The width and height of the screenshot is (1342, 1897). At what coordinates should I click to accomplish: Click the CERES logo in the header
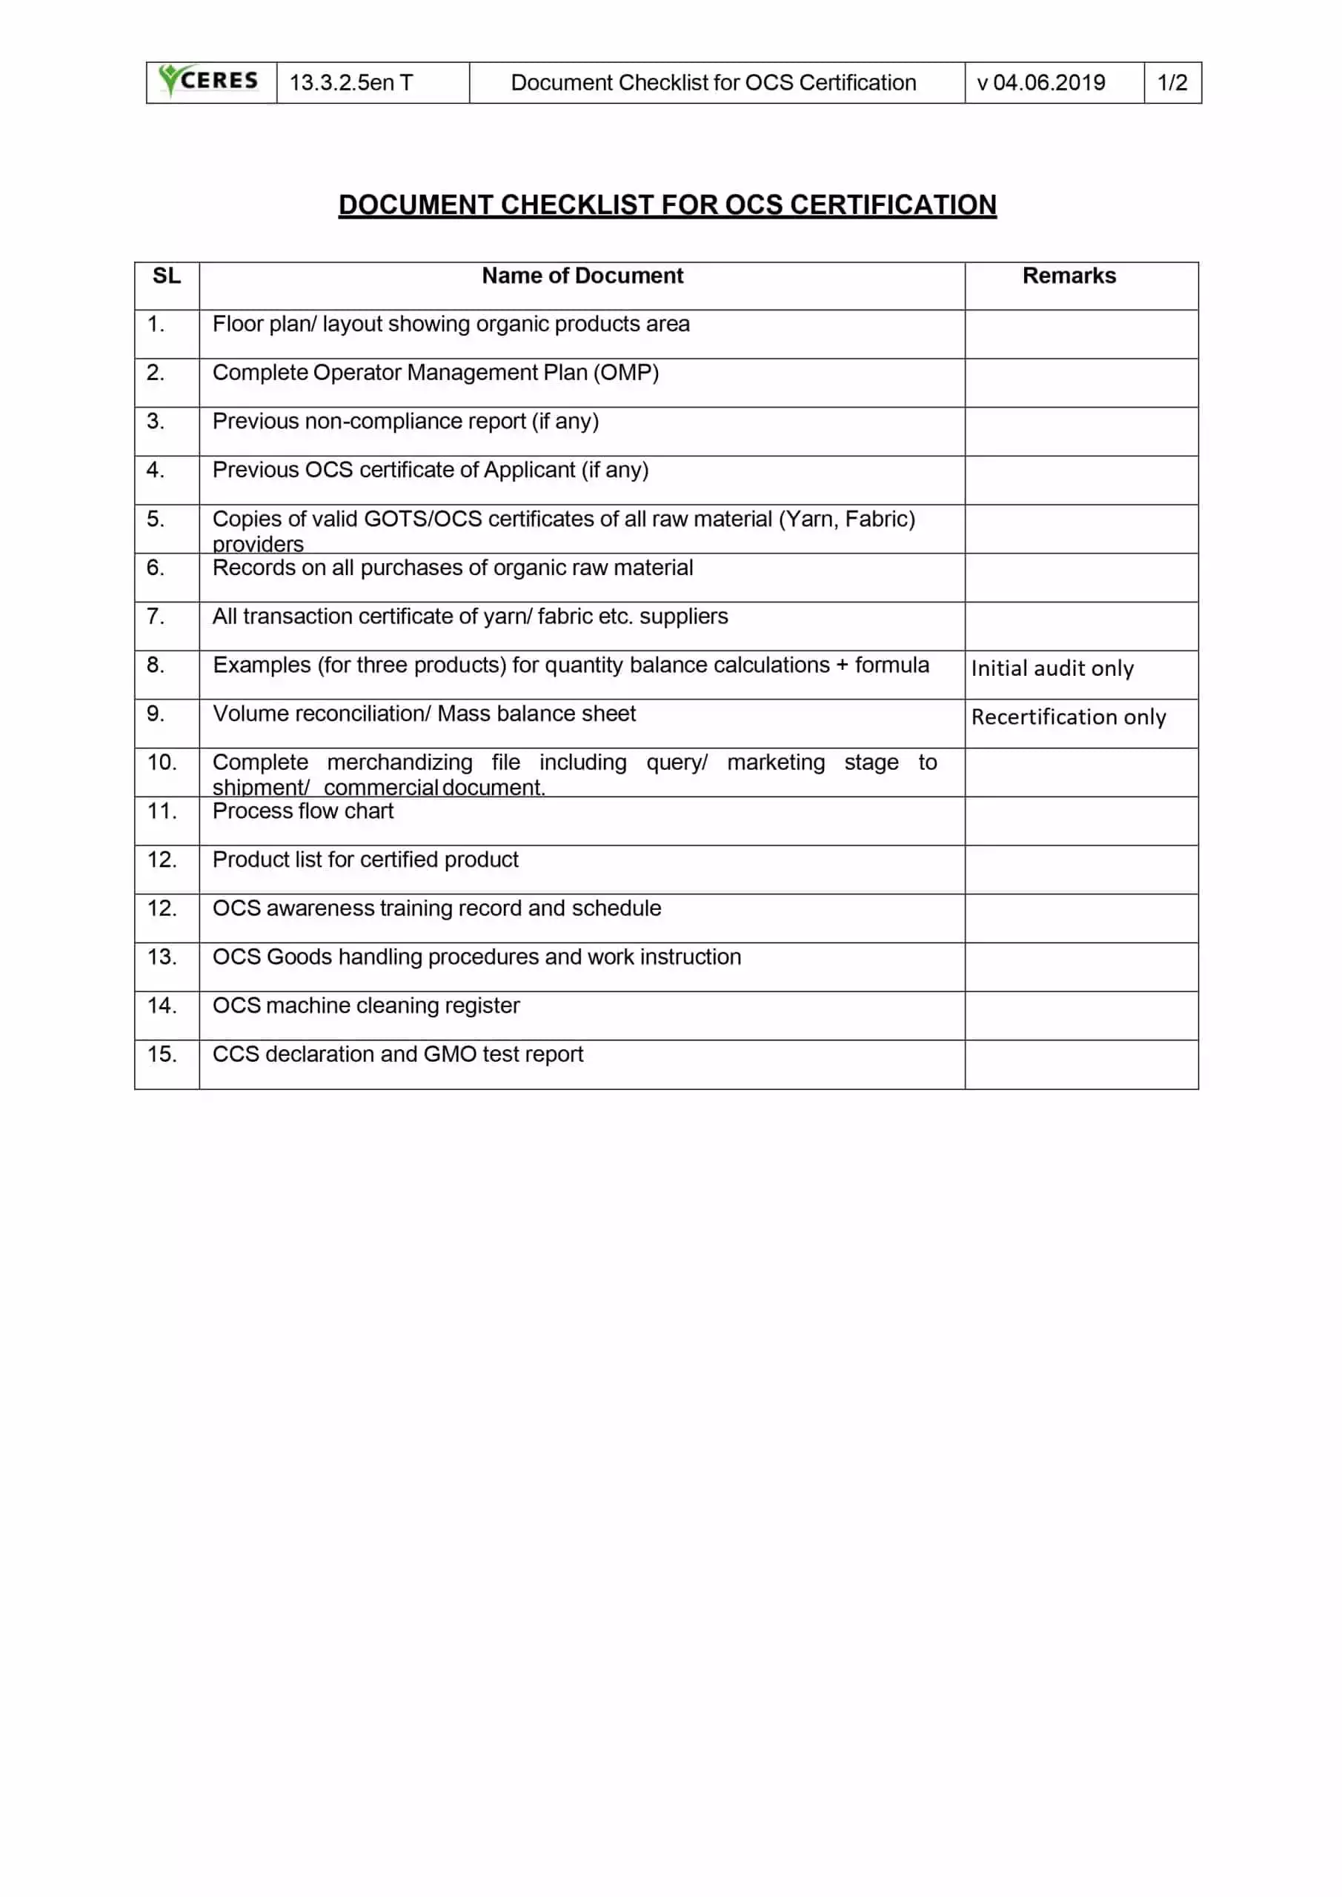click(210, 81)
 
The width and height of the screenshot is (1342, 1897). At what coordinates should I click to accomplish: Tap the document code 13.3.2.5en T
click(351, 82)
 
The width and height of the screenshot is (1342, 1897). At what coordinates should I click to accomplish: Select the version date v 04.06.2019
click(1040, 82)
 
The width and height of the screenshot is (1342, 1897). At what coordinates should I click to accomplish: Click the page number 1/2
click(1172, 82)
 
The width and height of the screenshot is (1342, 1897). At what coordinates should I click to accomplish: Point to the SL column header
click(166, 276)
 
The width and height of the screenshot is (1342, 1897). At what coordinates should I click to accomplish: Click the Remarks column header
click(1069, 276)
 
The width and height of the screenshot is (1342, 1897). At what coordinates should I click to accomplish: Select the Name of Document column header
click(582, 276)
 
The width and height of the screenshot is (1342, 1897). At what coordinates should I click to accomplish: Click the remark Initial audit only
click(1052, 668)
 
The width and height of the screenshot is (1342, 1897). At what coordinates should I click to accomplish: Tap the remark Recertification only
click(1068, 717)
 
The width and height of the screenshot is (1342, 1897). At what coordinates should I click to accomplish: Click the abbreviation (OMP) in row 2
click(625, 373)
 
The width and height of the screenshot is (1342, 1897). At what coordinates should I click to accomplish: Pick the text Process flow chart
click(302, 811)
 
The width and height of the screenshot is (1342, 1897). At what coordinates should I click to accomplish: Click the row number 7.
click(156, 617)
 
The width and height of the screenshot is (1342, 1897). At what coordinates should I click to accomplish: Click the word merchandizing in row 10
click(400, 762)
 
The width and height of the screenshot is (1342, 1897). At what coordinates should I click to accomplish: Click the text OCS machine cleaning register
click(365, 1006)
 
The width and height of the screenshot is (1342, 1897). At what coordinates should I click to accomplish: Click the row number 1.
click(156, 324)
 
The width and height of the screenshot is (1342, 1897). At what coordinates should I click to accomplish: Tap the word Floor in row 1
click(237, 324)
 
